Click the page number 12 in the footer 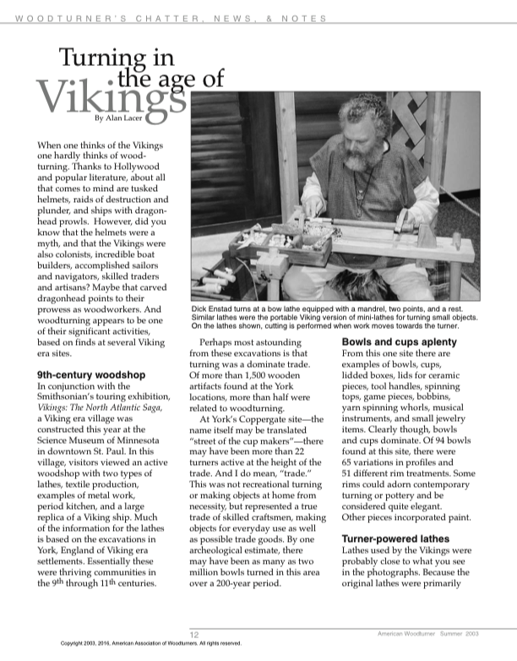point(193,635)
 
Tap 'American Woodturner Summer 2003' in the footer point(429,634)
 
